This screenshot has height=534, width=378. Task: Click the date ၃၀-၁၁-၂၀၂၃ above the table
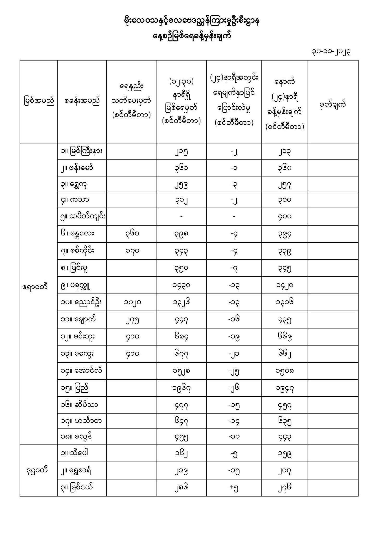(x=331, y=52)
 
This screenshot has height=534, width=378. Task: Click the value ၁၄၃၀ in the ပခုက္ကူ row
(x=181, y=286)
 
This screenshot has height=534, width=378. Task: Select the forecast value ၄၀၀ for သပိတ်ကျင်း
(x=285, y=216)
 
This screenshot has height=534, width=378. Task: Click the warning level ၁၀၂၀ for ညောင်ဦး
(x=131, y=302)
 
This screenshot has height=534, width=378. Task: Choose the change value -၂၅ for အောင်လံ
(x=234, y=371)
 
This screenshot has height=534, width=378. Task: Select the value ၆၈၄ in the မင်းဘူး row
(x=181, y=337)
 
